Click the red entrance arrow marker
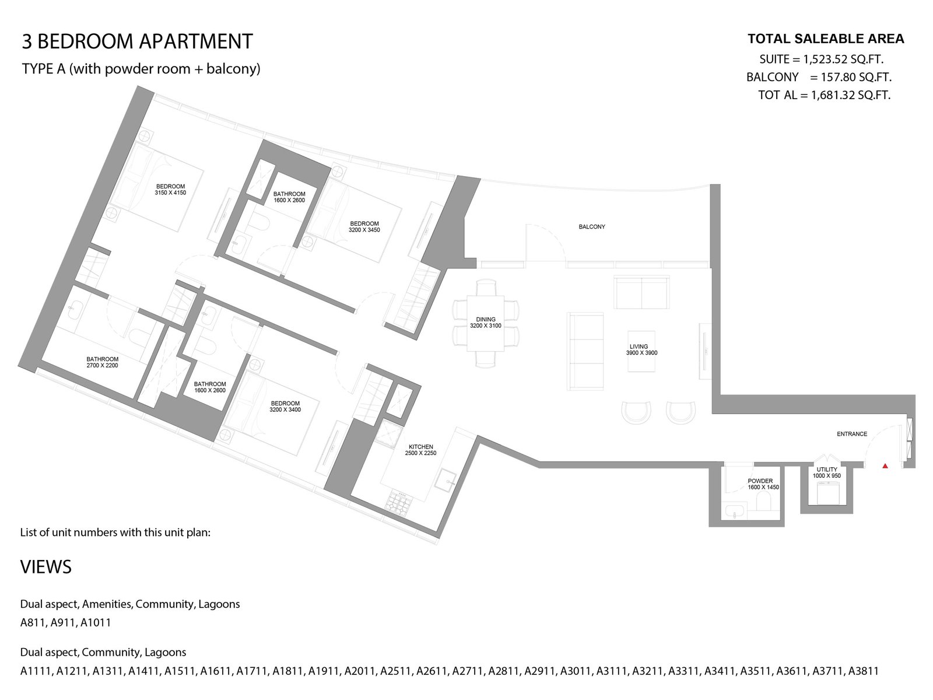[x=885, y=466]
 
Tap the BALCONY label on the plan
[x=592, y=227]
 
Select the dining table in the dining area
[x=485, y=323]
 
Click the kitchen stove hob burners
[x=398, y=501]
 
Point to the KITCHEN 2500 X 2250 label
[x=420, y=450]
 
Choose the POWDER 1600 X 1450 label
[x=763, y=484]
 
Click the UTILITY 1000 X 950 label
[x=827, y=473]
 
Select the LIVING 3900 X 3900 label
[x=641, y=349]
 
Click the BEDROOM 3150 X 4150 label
[x=170, y=190]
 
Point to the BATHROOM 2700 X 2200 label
[x=103, y=362]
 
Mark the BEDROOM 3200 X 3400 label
[x=285, y=407]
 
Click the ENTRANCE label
[x=852, y=434]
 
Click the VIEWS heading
[x=46, y=567]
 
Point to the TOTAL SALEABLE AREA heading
[x=826, y=39]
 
